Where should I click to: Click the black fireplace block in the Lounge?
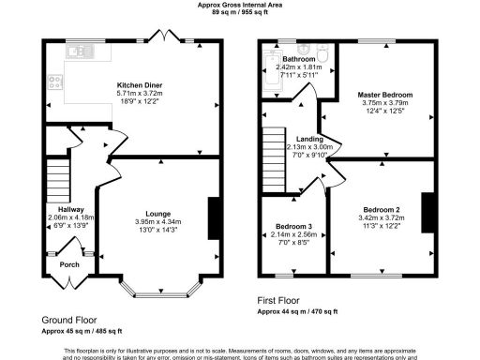[214, 217]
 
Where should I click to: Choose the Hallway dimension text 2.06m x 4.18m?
[67, 217]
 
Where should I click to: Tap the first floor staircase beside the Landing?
[272, 150]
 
